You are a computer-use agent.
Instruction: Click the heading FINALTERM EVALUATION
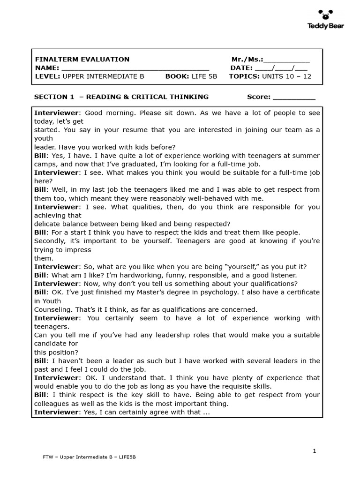tap(82, 60)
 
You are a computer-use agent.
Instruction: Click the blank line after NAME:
tap(135, 68)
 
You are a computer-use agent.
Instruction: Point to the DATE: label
tap(241, 68)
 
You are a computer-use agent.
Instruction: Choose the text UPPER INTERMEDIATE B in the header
tap(103, 76)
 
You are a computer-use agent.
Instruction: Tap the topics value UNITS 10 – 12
tap(286, 76)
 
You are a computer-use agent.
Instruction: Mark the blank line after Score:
tap(294, 97)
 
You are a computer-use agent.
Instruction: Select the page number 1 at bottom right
tap(315, 451)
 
